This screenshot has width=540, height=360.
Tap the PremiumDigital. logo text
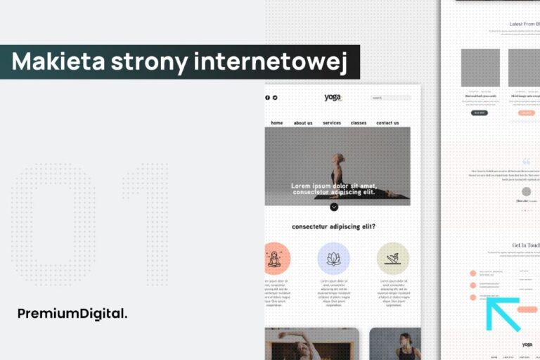pyautogui.click(x=72, y=314)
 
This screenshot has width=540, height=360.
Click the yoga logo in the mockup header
pyautogui.click(x=333, y=98)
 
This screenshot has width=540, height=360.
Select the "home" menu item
pyautogui.click(x=276, y=123)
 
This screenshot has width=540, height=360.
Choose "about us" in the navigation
pyautogui.click(x=303, y=123)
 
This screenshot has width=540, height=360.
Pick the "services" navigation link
pyautogui.click(x=332, y=123)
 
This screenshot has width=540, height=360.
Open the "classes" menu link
pyautogui.click(x=359, y=123)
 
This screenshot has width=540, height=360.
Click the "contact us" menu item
pyautogui.click(x=387, y=123)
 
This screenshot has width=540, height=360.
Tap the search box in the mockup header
pyautogui.click(x=390, y=98)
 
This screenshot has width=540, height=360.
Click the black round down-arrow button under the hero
pyautogui.click(x=334, y=207)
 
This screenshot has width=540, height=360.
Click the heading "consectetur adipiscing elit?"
pyautogui.click(x=333, y=226)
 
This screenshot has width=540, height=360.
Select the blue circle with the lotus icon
pyautogui.click(x=334, y=259)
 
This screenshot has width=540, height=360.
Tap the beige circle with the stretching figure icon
pyautogui.click(x=393, y=259)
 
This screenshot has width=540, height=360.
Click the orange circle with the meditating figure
pyautogui.click(x=275, y=259)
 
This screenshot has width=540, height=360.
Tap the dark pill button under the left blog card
pyautogui.click(x=480, y=112)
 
